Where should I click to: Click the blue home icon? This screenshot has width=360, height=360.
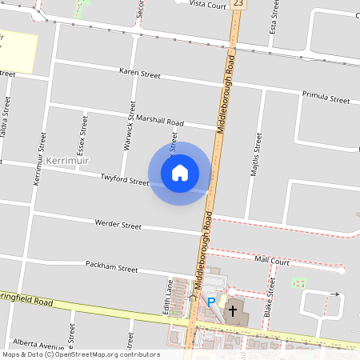pyautogui.click(x=179, y=173)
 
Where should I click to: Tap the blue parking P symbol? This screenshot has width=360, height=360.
pyautogui.click(x=211, y=302)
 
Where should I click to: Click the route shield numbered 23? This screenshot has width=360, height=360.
pyautogui.click(x=238, y=5)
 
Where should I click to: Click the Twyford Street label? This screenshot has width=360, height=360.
pyautogui.click(x=125, y=180)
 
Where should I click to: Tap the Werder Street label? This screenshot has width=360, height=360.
pyautogui.click(x=118, y=225)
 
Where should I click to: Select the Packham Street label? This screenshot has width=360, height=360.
pyautogui.click(x=112, y=269)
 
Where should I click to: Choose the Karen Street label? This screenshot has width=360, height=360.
pyautogui.click(x=139, y=74)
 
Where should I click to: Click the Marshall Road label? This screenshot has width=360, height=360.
pyautogui.click(x=160, y=122)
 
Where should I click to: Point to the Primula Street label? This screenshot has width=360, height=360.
pyautogui.click(x=326, y=98)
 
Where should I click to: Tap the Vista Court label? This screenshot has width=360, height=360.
pyautogui.click(x=209, y=4)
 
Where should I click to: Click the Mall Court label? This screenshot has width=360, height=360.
pyautogui.click(x=272, y=260)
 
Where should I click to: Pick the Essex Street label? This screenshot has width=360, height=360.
pyautogui.click(x=82, y=133)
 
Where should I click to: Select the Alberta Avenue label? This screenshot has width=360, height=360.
pyautogui.click(x=38, y=346)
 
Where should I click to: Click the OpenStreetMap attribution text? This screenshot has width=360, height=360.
pyautogui.click(x=81, y=354)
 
